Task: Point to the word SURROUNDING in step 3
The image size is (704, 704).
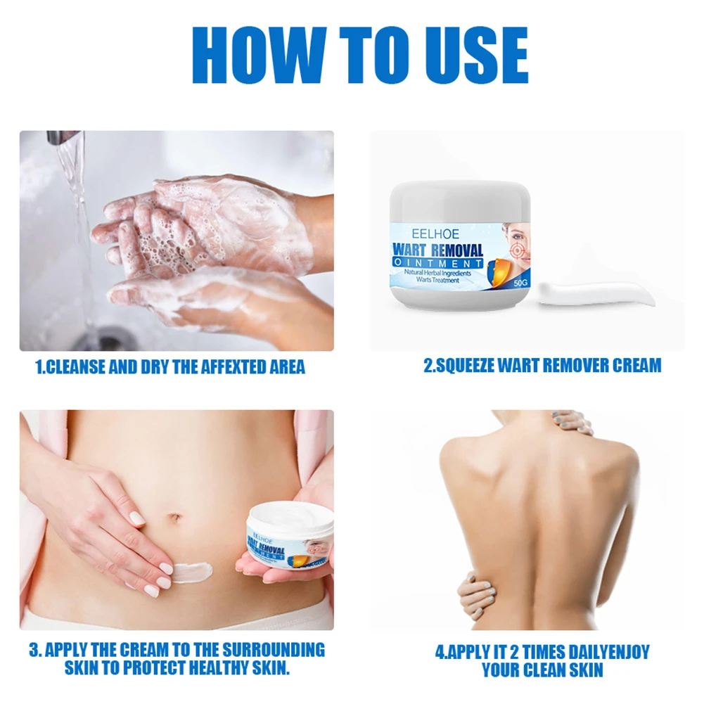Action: (274, 650)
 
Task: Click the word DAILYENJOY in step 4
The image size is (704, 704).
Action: (603, 652)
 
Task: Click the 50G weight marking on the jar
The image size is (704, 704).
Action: (521, 283)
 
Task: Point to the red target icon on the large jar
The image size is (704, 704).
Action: (517, 248)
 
